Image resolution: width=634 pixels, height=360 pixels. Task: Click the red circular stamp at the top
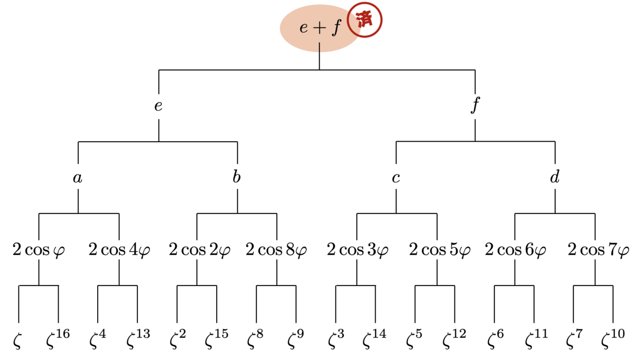tap(365, 20)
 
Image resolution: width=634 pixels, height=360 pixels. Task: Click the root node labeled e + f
tap(320, 28)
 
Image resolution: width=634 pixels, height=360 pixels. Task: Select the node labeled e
tap(158, 106)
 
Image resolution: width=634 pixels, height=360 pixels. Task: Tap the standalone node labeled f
tap(475, 105)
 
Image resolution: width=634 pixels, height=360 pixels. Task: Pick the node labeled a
tap(78, 178)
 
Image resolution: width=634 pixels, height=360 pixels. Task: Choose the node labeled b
tap(237, 177)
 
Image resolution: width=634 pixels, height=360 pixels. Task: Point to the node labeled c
tap(396, 178)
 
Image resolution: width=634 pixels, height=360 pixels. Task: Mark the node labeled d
tap(555, 177)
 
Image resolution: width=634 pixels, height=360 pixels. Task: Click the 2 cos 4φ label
tap(119, 250)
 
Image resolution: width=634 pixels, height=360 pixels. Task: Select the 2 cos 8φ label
tap(276, 250)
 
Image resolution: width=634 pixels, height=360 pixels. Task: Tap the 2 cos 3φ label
tap(358, 250)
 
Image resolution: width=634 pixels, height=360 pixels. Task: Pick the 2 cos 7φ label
tap(598, 250)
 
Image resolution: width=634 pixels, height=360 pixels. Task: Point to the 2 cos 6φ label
tap(516, 250)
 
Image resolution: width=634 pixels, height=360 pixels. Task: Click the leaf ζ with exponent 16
tap(58, 338)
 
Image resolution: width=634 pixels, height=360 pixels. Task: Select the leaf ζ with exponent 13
tap(138, 338)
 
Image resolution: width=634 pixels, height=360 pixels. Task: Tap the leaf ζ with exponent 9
tap(296, 338)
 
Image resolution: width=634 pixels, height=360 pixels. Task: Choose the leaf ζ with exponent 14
tap(375, 338)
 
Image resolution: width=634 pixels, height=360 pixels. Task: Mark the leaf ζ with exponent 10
tap(613, 338)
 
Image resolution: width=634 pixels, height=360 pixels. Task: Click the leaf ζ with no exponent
tap(17, 341)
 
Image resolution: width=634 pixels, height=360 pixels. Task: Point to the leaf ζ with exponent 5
tap(414, 338)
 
